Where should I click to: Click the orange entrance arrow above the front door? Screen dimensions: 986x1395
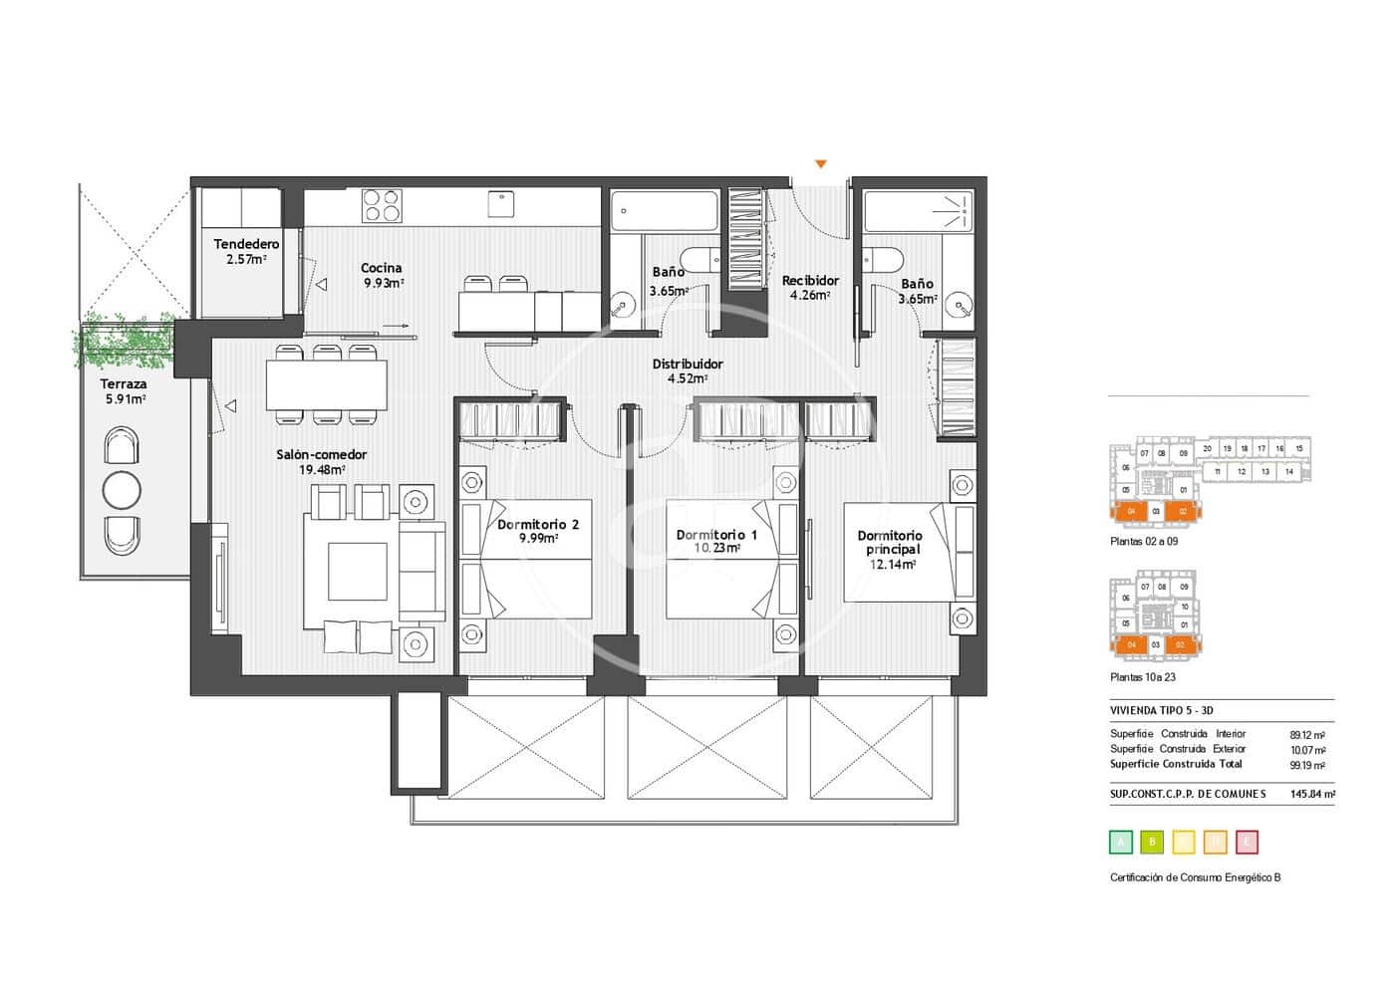tap(821, 163)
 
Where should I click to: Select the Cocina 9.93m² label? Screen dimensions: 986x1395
tap(382, 275)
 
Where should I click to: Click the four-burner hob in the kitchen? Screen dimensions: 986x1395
tap(382, 205)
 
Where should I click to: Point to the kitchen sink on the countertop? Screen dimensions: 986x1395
tap(501, 203)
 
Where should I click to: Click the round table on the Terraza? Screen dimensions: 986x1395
tap(122, 490)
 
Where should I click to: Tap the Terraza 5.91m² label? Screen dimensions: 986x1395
tap(124, 391)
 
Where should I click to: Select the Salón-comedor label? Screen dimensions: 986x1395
tap(321, 462)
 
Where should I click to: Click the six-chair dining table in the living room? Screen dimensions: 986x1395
tap(326, 384)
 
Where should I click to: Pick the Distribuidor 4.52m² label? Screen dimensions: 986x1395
tap(688, 370)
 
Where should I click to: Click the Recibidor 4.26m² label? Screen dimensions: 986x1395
tap(809, 288)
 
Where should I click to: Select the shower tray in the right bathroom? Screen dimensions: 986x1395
tap(917, 211)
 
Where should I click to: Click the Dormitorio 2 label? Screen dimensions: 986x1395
tap(537, 531)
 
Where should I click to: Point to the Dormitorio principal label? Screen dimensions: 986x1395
tap(890, 550)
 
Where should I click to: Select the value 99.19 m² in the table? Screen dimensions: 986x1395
tap(1306, 766)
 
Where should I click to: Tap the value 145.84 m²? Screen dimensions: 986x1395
tap(1312, 794)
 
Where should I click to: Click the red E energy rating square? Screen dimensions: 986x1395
tap(1247, 843)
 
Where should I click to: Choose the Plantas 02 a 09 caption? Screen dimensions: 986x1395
tap(1145, 543)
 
